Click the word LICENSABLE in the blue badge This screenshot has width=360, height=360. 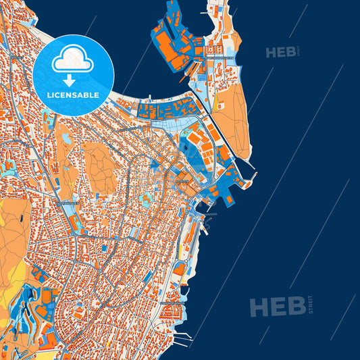tap(73, 95)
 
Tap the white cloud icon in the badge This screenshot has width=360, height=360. tap(72, 60)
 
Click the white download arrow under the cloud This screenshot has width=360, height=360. tap(73, 80)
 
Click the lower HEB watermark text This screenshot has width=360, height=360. tap(277, 307)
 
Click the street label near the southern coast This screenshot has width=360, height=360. tap(174, 303)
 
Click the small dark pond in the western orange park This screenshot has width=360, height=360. tap(66, 138)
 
